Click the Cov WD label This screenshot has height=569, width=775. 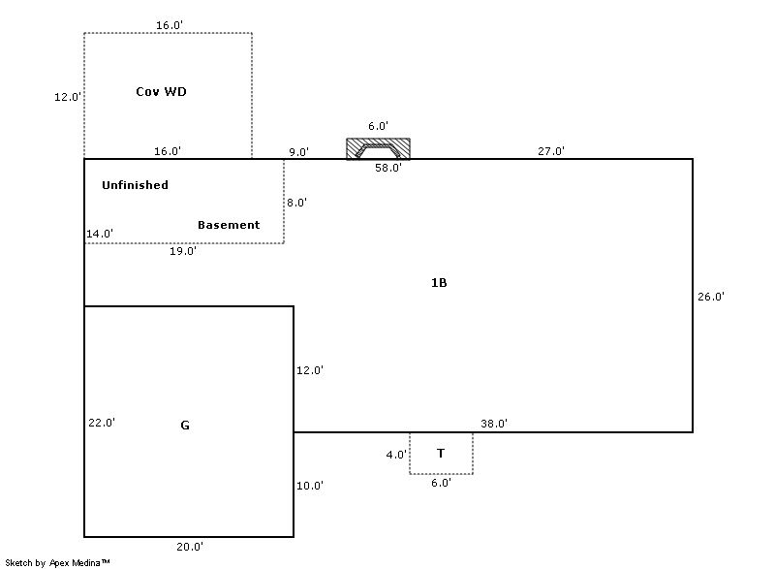(161, 92)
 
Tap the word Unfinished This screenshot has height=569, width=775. (135, 185)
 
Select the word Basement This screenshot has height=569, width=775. (229, 225)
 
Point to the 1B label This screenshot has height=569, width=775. (439, 283)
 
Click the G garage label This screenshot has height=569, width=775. (185, 425)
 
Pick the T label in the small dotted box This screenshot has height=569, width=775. (441, 453)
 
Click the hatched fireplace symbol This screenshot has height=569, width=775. (378, 149)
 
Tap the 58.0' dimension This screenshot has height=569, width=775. (388, 168)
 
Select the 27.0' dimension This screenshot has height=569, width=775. (551, 151)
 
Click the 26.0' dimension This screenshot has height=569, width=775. (711, 297)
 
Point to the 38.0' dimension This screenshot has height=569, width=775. (494, 424)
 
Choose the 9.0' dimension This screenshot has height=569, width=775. (299, 152)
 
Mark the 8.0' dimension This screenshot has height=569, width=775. (296, 203)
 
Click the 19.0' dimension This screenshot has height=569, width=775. (183, 251)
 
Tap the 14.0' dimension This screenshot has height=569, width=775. (100, 234)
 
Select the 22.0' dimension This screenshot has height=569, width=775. (102, 422)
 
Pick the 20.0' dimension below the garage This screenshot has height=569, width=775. (190, 547)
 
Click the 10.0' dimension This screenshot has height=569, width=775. (310, 486)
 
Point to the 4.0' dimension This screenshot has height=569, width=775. (395, 453)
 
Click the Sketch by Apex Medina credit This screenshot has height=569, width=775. (57, 562)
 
